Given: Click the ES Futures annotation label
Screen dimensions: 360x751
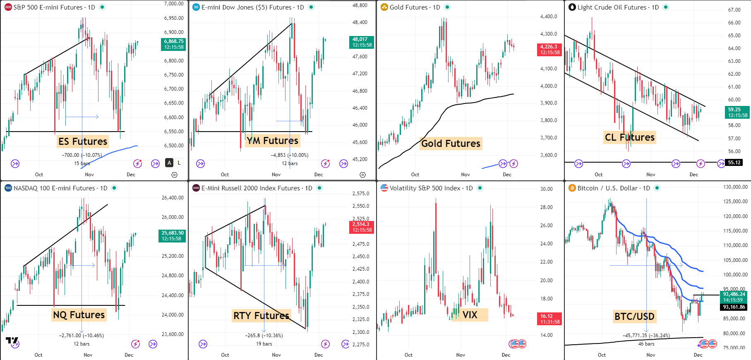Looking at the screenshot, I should click(x=83, y=142).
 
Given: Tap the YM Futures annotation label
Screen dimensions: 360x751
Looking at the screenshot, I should click(x=272, y=141).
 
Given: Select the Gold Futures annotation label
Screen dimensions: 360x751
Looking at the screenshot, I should click(x=451, y=144).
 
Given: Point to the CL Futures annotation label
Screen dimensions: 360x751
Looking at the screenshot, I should click(x=629, y=137).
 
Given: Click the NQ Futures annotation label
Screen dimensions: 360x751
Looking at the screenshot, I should click(x=79, y=315).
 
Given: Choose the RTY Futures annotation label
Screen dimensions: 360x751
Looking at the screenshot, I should click(x=261, y=316).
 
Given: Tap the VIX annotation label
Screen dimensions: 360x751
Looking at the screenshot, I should click(x=470, y=315).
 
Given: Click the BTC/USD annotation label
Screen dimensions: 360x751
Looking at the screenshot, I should click(x=634, y=317).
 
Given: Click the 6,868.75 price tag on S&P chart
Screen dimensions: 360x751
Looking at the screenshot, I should click(x=173, y=44).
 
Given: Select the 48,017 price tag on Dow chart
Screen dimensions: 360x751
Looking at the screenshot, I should click(x=362, y=42).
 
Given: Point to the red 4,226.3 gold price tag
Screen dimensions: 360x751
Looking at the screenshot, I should click(x=549, y=50).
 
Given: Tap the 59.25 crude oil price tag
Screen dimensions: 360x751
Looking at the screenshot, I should click(x=738, y=113).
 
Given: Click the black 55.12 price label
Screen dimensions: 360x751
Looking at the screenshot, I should click(x=734, y=163).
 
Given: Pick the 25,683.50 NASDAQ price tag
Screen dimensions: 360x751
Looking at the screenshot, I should click(x=172, y=236).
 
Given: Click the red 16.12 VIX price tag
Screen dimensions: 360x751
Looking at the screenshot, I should click(x=549, y=319).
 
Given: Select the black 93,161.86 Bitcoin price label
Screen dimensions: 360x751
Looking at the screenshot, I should click(x=734, y=307).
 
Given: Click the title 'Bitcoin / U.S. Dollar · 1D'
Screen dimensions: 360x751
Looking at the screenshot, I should click(x=612, y=188).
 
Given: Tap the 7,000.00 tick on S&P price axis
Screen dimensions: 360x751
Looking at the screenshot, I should click(x=174, y=4).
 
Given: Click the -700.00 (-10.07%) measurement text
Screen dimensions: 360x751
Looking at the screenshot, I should click(x=82, y=155).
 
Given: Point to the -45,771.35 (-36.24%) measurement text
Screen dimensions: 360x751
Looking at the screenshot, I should click(x=646, y=336).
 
